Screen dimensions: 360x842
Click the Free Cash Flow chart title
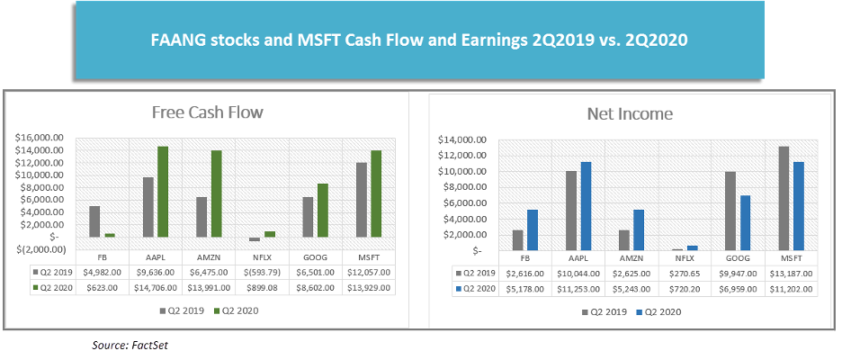pyautogui.click(x=206, y=113)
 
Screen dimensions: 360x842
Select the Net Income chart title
pyautogui.click(x=630, y=114)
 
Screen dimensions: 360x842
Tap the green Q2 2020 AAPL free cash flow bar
pyautogui.click(x=163, y=191)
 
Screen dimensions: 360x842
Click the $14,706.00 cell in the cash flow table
pyautogui.click(x=157, y=289)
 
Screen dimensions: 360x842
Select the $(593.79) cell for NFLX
pyautogui.click(x=263, y=271)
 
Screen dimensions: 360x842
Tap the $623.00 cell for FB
pyautogui.click(x=103, y=289)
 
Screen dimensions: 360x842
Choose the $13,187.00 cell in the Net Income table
pyautogui.click(x=790, y=272)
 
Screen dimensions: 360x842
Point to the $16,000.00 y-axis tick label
pyautogui.click(x=42, y=138)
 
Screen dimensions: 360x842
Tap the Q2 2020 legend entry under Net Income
pyautogui.click(x=660, y=311)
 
